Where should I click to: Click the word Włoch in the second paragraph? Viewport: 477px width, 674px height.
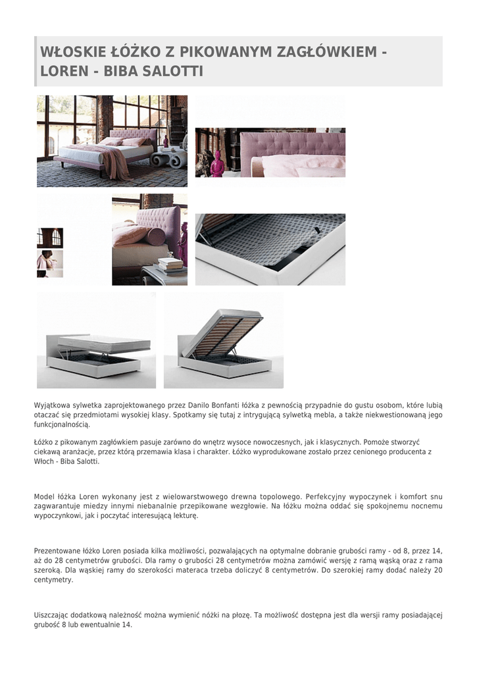[44, 461]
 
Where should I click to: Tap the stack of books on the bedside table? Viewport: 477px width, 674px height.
[170, 264]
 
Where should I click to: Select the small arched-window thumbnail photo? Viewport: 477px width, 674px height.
[50, 238]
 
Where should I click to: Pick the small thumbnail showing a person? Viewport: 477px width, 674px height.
[50, 263]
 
